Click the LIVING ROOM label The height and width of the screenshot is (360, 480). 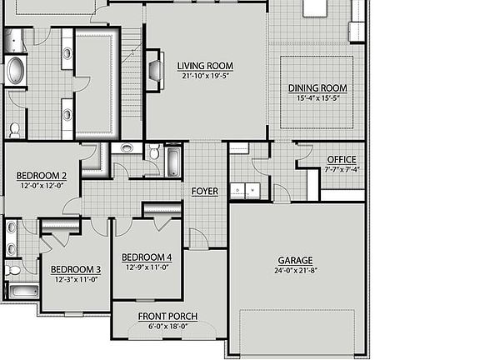pyautogui.click(x=205, y=66)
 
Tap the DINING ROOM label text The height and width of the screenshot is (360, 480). pyautogui.click(x=317, y=88)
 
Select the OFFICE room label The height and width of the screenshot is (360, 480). pyautogui.click(x=341, y=159)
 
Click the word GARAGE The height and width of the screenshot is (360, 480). pyautogui.click(x=296, y=260)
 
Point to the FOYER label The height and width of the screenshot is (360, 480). pyautogui.click(x=204, y=192)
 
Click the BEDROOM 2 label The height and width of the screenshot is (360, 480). pyautogui.click(x=42, y=175)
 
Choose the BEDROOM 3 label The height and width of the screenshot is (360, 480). pyautogui.click(x=76, y=269)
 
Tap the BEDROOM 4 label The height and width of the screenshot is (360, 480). pyautogui.click(x=147, y=257)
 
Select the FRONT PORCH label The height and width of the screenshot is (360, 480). pyautogui.click(x=167, y=316)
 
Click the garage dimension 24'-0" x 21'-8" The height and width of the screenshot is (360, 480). pyautogui.click(x=296, y=271)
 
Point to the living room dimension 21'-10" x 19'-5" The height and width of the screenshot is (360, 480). pyautogui.click(x=205, y=76)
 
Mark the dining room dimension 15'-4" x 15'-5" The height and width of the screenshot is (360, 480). pyautogui.click(x=317, y=98)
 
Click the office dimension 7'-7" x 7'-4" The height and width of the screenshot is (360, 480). pyautogui.click(x=341, y=168)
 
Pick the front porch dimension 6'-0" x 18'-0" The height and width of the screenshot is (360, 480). pyautogui.click(x=167, y=326)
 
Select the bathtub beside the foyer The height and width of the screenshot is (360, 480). pyautogui.click(x=174, y=161)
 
